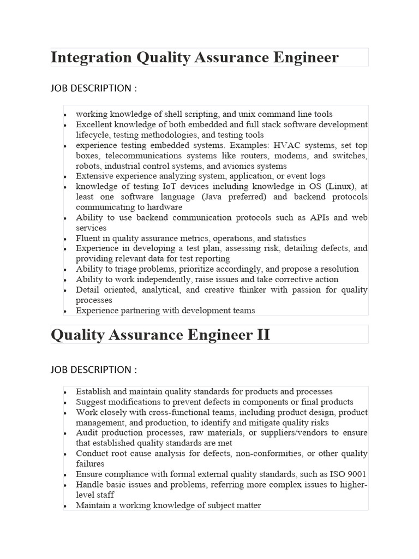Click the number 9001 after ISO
[355, 474]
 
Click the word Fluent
[88, 239]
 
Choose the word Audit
[87, 433]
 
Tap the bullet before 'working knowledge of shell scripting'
[66, 115]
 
